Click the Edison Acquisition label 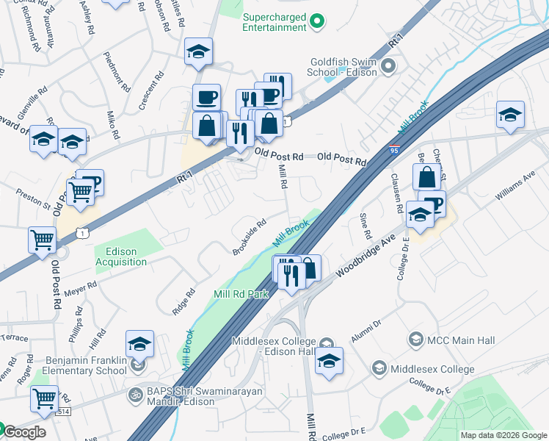[121, 257]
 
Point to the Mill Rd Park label [241, 294]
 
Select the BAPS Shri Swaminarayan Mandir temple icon [135, 394]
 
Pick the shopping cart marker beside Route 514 [44, 398]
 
